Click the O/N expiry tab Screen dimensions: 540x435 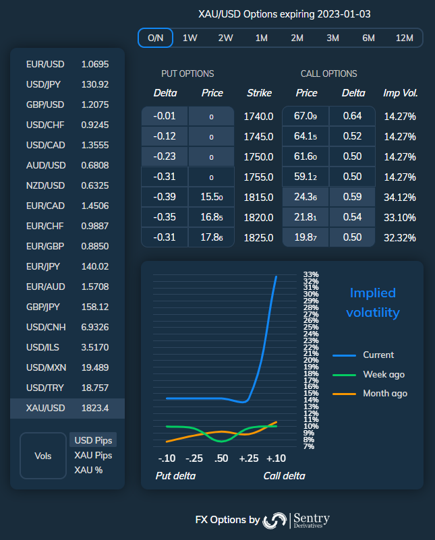155,38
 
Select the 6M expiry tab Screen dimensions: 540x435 368,38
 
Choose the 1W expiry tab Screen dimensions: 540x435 190,38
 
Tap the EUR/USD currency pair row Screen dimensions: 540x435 67,64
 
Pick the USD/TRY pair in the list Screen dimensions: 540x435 67,388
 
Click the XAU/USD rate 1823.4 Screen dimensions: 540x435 94,408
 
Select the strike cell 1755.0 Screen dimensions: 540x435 258,177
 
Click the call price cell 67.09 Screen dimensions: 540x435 305,117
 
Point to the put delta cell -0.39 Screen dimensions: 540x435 165,198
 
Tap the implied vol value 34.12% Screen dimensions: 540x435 399,198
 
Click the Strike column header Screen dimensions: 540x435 259,93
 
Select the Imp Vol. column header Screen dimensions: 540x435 401,93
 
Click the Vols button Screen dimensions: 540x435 43,456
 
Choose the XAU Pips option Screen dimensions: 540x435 93,455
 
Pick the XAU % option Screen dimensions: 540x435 88,470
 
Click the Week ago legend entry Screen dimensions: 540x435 383,374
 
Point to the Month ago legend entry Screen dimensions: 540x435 384,393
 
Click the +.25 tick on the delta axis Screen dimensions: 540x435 249,458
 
